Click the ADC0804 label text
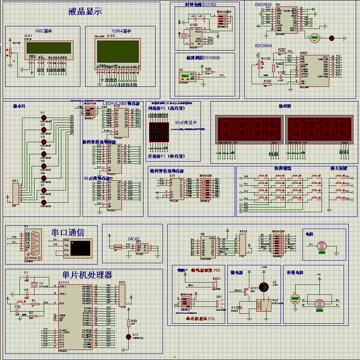(263, 45)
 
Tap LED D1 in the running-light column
(43, 118)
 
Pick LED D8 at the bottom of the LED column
(43, 202)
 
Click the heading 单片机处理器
(81, 275)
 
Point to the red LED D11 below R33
(128, 336)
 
